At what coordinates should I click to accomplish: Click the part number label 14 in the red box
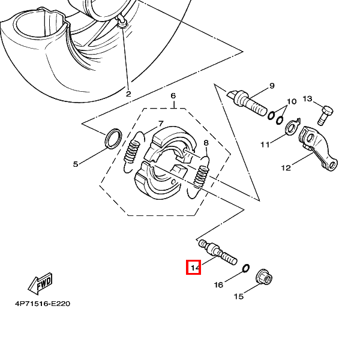(194, 268)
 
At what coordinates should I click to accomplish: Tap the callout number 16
(218, 285)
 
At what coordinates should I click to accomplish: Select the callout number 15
(239, 296)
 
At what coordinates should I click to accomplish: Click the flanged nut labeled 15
(264, 277)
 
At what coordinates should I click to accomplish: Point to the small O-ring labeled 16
(246, 268)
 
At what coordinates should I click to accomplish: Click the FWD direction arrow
(40, 284)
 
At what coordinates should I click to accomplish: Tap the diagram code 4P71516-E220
(43, 304)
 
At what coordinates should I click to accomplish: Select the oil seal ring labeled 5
(113, 138)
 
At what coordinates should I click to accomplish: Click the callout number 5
(76, 164)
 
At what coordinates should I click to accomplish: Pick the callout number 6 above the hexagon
(173, 96)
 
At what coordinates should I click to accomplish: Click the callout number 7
(161, 124)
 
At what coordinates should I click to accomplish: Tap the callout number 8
(206, 143)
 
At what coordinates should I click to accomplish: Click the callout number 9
(272, 86)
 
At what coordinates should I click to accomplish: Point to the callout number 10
(292, 101)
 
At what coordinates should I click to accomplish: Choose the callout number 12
(286, 168)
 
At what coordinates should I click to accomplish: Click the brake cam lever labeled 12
(318, 149)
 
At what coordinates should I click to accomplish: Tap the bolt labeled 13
(325, 115)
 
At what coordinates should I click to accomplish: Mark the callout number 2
(128, 94)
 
